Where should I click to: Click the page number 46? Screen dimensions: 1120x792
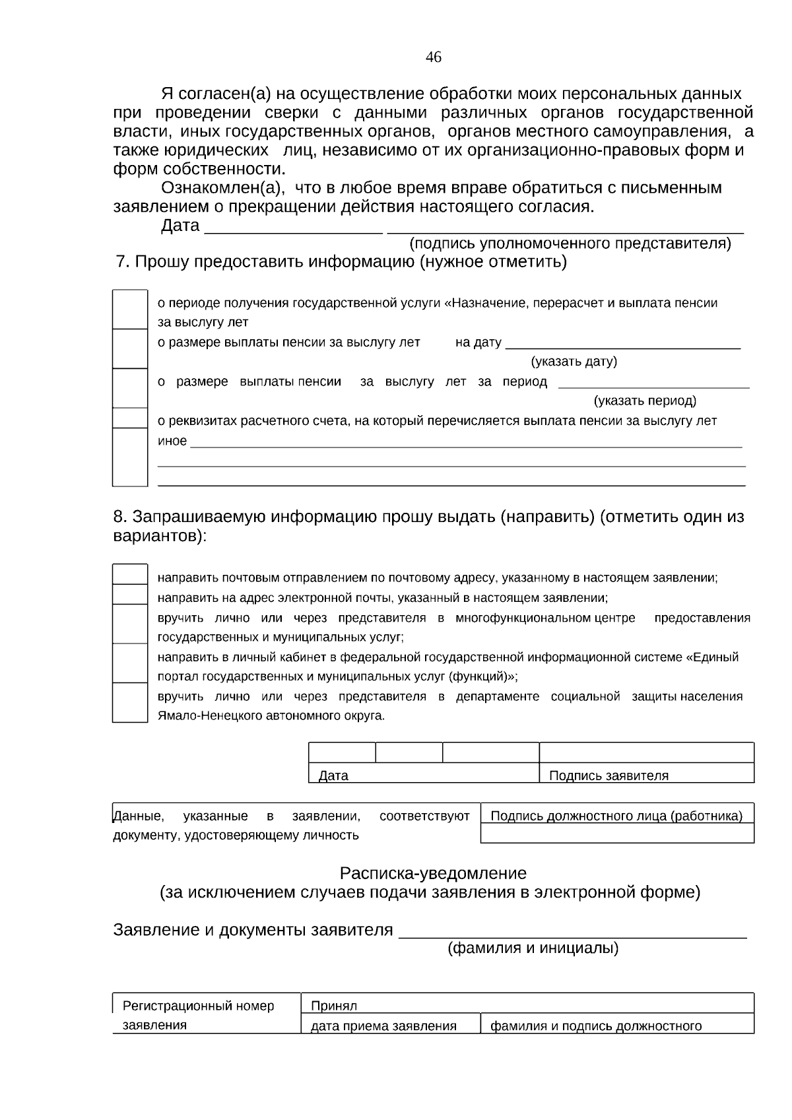point(433,57)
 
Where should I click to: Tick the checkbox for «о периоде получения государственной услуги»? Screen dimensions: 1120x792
point(130,309)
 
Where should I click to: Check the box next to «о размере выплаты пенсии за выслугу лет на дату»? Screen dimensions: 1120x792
point(130,348)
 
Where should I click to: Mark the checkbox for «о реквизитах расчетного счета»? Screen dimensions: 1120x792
point(130,418)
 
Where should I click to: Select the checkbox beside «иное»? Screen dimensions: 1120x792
point(130,457)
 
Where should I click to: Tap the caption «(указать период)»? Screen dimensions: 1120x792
point(645,401)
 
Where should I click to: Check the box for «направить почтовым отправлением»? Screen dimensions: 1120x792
point(130,574)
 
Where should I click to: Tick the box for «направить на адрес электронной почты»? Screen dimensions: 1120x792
point(130,595)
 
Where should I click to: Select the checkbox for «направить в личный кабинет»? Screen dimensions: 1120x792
point(130,663)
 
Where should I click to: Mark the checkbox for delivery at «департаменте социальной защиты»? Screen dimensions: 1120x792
point(130,702)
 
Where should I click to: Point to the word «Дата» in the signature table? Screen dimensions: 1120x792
point(333,775)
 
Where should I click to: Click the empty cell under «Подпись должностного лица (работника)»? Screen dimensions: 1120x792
point(617,834)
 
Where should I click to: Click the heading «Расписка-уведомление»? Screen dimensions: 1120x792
point(433,873)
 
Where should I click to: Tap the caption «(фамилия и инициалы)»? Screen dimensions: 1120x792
point(533,948)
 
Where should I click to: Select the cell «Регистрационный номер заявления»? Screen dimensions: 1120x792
point(198,1015)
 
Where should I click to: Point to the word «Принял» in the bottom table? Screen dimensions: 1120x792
point(334,1006)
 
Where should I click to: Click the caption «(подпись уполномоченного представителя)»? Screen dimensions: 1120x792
point(570,244)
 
